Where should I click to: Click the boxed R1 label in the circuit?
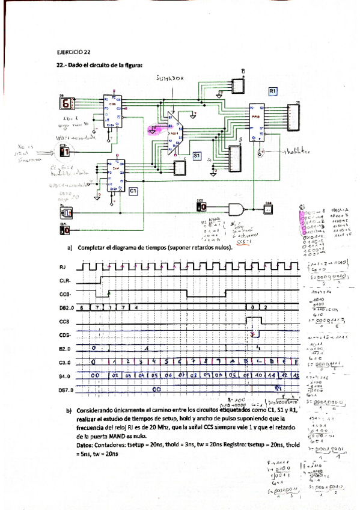point(273,91)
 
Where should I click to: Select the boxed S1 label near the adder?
point(197,155)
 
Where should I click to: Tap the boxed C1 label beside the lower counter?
point(133,190)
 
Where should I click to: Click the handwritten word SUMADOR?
point(170,78)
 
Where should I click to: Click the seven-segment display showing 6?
point(66,103)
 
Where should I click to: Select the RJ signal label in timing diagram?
point(63,266)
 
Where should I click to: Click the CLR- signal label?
point(64,280)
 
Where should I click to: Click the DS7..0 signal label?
point(66,390)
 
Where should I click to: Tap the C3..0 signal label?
point(65,363)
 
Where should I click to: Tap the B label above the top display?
point(243,72)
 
